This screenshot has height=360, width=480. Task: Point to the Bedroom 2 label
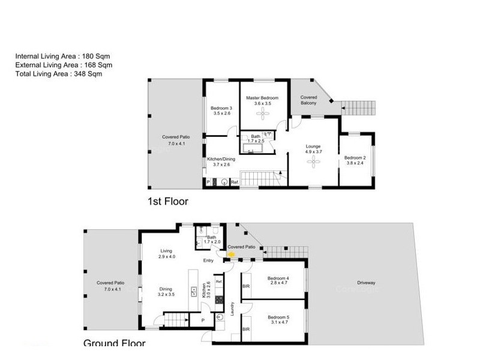[x=354, y=158]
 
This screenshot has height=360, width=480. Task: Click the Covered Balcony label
[x=308, y=100]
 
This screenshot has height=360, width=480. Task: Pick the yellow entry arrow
[x=230, y=254]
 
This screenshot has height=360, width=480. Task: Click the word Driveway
[x=366, y=283]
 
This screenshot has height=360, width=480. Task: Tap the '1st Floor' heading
[x=167, y=202]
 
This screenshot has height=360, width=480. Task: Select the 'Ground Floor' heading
[x=114, y=343]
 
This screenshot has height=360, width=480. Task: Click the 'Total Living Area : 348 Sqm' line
[x=58, y=74]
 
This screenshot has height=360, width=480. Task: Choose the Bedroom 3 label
[x=221, y=108]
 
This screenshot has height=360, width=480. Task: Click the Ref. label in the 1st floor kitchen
[x=235, y=182]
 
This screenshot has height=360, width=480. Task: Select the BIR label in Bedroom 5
[x=245, y=329]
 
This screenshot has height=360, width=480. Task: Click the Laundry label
[x=232, y=309]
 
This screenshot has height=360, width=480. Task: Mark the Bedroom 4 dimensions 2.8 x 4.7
[x=278, y=284]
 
